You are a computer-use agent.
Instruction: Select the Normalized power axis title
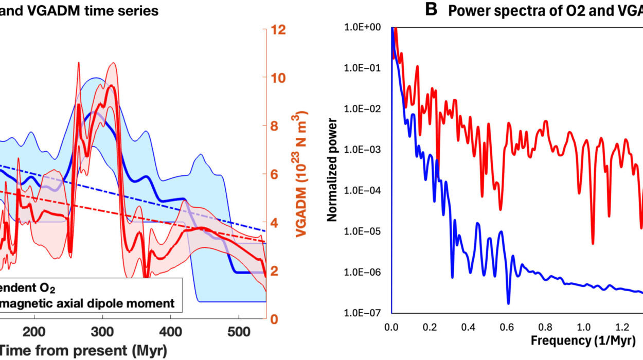click(333, 170)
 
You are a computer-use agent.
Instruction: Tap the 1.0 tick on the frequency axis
click(583, 327)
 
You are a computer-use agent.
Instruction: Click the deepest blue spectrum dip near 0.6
click(508, 303)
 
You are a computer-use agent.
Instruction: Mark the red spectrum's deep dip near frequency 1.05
click(593, 243)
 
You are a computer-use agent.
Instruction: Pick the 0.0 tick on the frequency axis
click(391, 327)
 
